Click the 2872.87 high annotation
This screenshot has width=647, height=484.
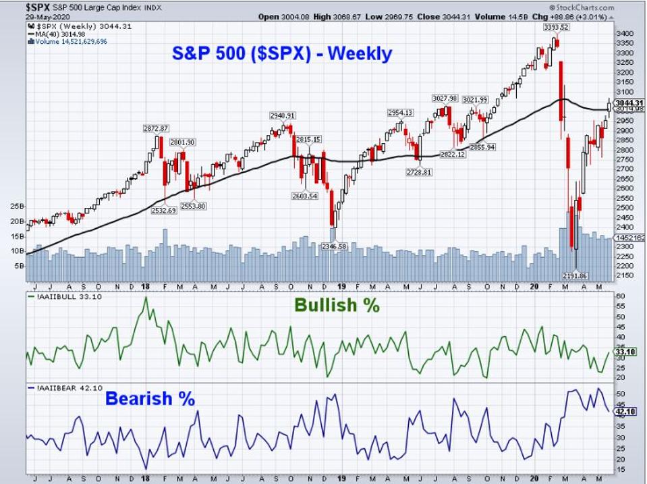coord(155,128)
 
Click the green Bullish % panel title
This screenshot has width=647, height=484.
coord(337,305)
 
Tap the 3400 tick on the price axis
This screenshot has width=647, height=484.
coord(625,32)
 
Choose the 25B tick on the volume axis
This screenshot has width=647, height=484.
coord(18,205)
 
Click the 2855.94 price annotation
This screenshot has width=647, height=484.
coord(482,146)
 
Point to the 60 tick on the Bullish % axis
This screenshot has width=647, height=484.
coord(621,296)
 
